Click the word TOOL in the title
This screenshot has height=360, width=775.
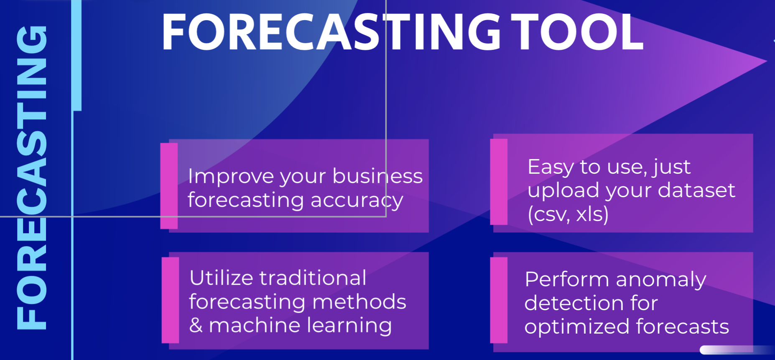(577, 32)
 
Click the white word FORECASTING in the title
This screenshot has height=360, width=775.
(331, 32)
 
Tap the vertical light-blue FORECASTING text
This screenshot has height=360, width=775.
(31, 177)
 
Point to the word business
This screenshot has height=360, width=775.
(377, 175)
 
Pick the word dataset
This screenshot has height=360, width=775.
(696, 190)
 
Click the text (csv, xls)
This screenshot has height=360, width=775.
(568, 214)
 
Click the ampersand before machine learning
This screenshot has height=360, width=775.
(196, 325)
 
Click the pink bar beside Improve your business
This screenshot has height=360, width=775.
(169, 186)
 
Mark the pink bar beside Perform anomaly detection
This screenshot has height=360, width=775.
(499, 300)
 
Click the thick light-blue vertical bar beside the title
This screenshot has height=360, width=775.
(76, 55)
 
